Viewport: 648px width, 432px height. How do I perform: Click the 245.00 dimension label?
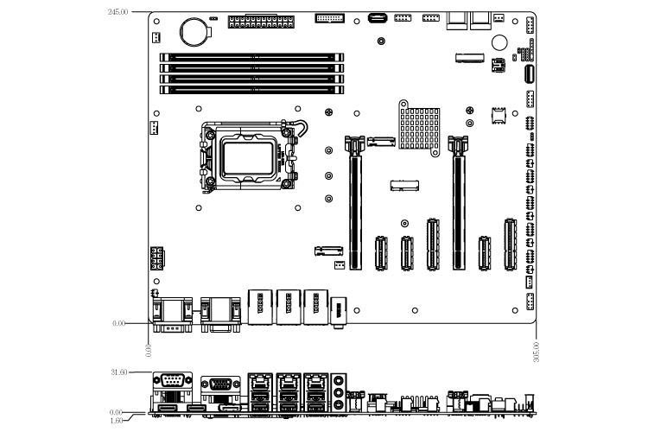pyautogui.click(x=118, y=12)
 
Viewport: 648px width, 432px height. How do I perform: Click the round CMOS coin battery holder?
pyautogui.click(x=194, y=31)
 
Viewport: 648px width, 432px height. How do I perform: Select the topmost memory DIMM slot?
pyautogui.click(x=251, y=57)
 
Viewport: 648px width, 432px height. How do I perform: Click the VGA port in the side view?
pyautogui.click(x=217, y=384)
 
